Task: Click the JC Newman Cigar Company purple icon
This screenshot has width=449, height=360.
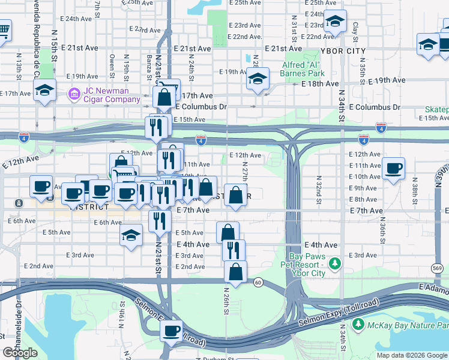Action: [x=74, y=94]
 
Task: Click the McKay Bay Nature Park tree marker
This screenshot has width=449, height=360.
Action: [x=358, y=325]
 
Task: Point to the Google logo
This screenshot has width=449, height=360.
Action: [x=20, y=352]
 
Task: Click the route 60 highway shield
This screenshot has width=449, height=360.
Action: [x=257, y=282]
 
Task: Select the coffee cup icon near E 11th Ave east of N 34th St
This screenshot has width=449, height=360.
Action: [x=393, y=167]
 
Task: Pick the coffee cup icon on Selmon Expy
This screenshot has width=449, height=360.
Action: [x=172, y=330]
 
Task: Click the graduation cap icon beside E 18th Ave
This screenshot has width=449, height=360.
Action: [x=258, y=79]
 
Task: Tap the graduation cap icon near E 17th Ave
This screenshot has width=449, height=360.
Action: [x=44, y=90]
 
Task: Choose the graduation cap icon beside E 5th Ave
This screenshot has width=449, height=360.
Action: [x=131, y=236]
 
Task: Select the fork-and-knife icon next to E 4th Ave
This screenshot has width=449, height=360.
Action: [x=234, y=249]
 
